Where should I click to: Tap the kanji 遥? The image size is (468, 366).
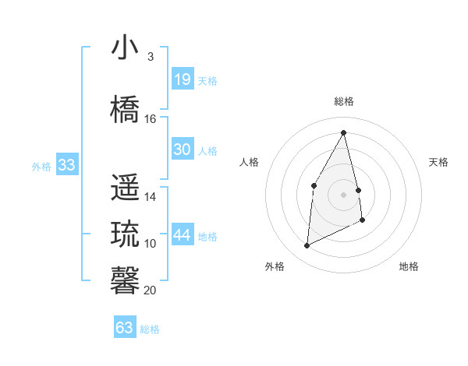pos(125,188)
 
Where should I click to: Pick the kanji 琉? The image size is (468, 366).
pos(125,234)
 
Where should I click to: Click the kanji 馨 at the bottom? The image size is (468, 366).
pos(125,279)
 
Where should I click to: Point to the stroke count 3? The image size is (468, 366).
pos(150,57)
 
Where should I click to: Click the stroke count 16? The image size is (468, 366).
pos(151,119)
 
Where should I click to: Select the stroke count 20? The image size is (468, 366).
pos(151,290)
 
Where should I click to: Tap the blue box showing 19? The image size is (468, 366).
pos(182,79)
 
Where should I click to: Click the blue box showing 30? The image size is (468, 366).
pos(182,150)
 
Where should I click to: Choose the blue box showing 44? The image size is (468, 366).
pos(182,235)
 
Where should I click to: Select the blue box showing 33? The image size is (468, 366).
pos(66,164)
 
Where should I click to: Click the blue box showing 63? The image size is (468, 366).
pos(125,327)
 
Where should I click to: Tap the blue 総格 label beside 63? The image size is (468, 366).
pos(150,329)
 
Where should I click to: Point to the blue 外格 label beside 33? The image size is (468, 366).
pos(41,167)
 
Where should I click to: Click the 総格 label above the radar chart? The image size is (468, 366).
pos(344,101)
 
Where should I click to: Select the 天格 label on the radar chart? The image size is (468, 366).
pos(438,162)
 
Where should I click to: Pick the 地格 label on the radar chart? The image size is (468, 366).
pos(409,266)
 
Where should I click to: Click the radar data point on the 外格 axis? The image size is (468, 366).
pos(307,246)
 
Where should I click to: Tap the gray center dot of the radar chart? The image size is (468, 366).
pos(344,194)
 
